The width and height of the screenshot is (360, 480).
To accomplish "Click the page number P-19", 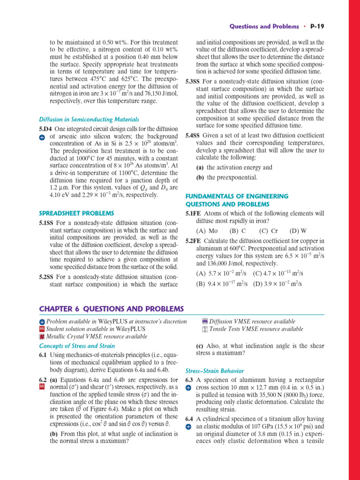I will (x=317, y=26).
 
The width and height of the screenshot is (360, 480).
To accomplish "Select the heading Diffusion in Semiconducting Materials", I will (x=89, y=120).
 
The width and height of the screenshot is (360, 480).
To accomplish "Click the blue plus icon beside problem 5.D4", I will (x=41, y=137).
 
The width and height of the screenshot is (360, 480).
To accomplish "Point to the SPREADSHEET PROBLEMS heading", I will (x=76, y=213).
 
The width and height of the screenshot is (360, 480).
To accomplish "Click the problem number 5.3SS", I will (x=193, y=81).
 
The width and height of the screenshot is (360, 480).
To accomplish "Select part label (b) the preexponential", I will (x=200, y=178).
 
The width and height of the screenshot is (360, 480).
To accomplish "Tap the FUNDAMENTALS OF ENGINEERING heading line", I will (x=237, y=196).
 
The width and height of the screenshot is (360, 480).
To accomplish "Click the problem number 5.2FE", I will (x=194, y=241).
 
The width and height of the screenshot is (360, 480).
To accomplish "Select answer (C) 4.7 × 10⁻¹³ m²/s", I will (x=278, y=273).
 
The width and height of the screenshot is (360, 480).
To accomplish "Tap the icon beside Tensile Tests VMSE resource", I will (x=204, y=329).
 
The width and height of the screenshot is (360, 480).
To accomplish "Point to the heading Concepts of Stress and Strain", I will (x=77, y=346).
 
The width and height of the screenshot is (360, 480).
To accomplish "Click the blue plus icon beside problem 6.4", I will (x=188, y=427).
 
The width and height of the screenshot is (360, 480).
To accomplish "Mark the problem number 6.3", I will (x=189, y=380).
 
